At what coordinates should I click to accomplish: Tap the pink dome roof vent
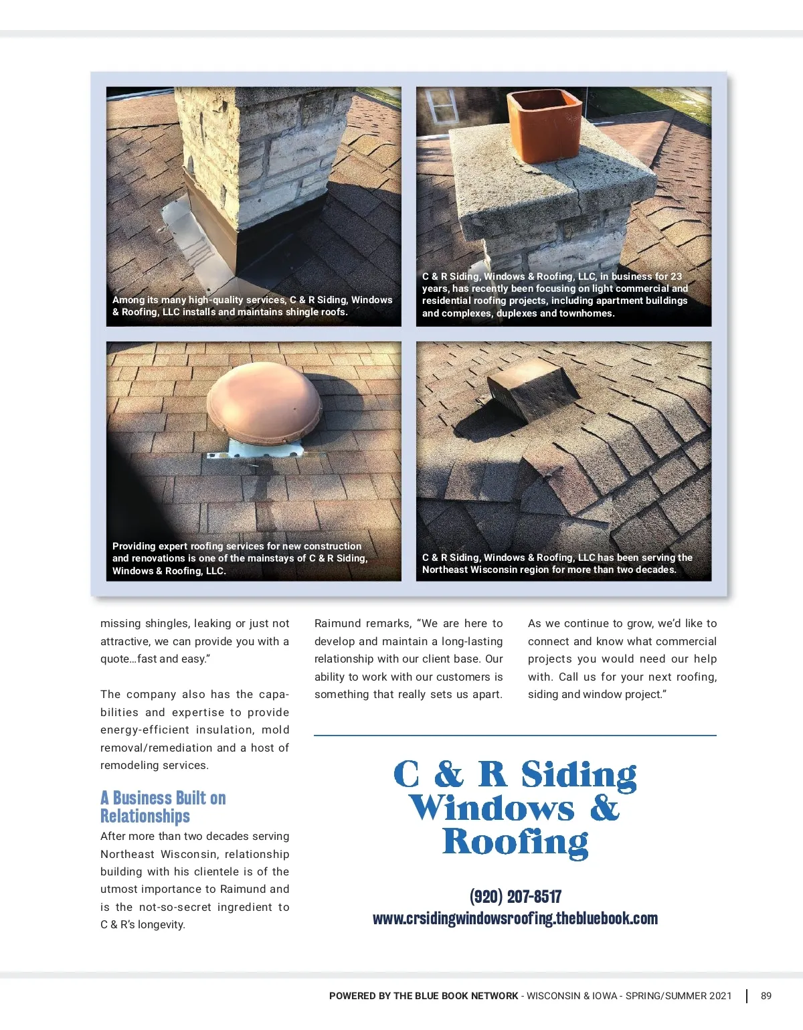[264, 402]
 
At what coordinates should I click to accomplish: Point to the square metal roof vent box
[532, 389]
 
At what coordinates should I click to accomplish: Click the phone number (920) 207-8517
[515, 896]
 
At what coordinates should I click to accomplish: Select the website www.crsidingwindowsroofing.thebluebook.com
[515, 918]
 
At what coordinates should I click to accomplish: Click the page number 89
[766, 996]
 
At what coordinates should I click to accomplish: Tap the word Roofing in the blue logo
[515, 842]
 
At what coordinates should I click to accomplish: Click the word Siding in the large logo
[579, 775]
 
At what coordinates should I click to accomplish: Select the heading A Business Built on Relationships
[163, 806]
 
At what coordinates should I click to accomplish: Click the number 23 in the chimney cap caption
[676, 276]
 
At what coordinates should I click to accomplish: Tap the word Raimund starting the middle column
[339, 624]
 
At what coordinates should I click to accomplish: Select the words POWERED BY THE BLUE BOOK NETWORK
[424, 996]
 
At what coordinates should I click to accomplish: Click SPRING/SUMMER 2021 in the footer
[679, 996]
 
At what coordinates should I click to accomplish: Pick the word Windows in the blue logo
[492, 808]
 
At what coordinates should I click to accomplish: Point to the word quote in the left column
[115, 659]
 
